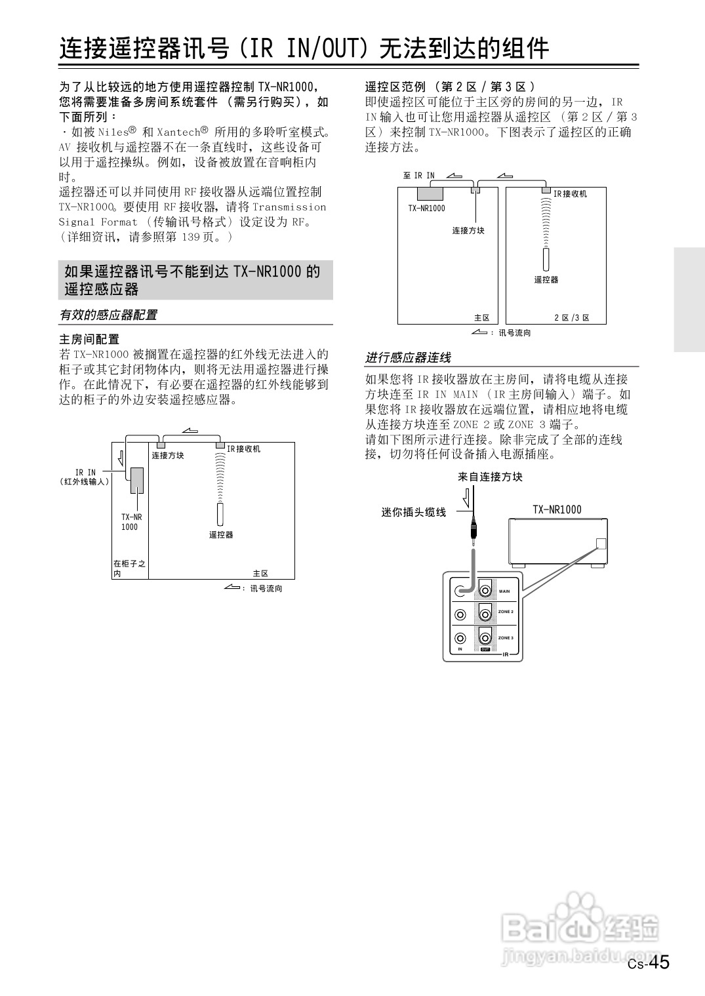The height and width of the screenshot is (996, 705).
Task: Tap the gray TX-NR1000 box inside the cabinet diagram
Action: pyautogui.click(x=137, y=481)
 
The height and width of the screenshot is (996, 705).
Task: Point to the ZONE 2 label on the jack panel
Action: pyautogui.click(x=506, y=612)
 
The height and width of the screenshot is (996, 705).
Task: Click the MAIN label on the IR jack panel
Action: pyautogui.click(x=504, y=591)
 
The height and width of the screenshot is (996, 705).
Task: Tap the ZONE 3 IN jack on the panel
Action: pyautogui.click(x=460, y=637)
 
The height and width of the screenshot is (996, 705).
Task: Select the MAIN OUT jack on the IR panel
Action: pyautogui.click(x=485, y=590)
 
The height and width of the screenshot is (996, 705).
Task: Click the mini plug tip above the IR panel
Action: pyautogui.click(x=472, y=539)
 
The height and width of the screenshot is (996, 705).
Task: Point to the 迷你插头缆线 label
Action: pyautogui.click(x=413, y=513)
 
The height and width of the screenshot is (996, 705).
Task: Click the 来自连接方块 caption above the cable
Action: pyautogui.click(x=490, y=477)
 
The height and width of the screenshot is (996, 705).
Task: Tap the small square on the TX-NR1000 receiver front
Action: pyautogui.click(x=601, y=544)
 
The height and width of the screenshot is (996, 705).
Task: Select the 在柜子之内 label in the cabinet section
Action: pyautogui.click(x=129, y=568)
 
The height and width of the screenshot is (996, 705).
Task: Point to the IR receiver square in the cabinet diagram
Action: pyautogui.click(x=220, y=445)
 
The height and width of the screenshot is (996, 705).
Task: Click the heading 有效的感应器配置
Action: pyautogui.click(x=108, y=315)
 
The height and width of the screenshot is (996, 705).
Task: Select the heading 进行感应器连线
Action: pyautogui.click(x=408, y=358)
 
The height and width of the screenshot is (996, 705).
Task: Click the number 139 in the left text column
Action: pyautogui.click(x=191, y=237)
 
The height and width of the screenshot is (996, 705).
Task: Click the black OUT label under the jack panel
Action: pyautogui.click(x=485, y=650)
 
